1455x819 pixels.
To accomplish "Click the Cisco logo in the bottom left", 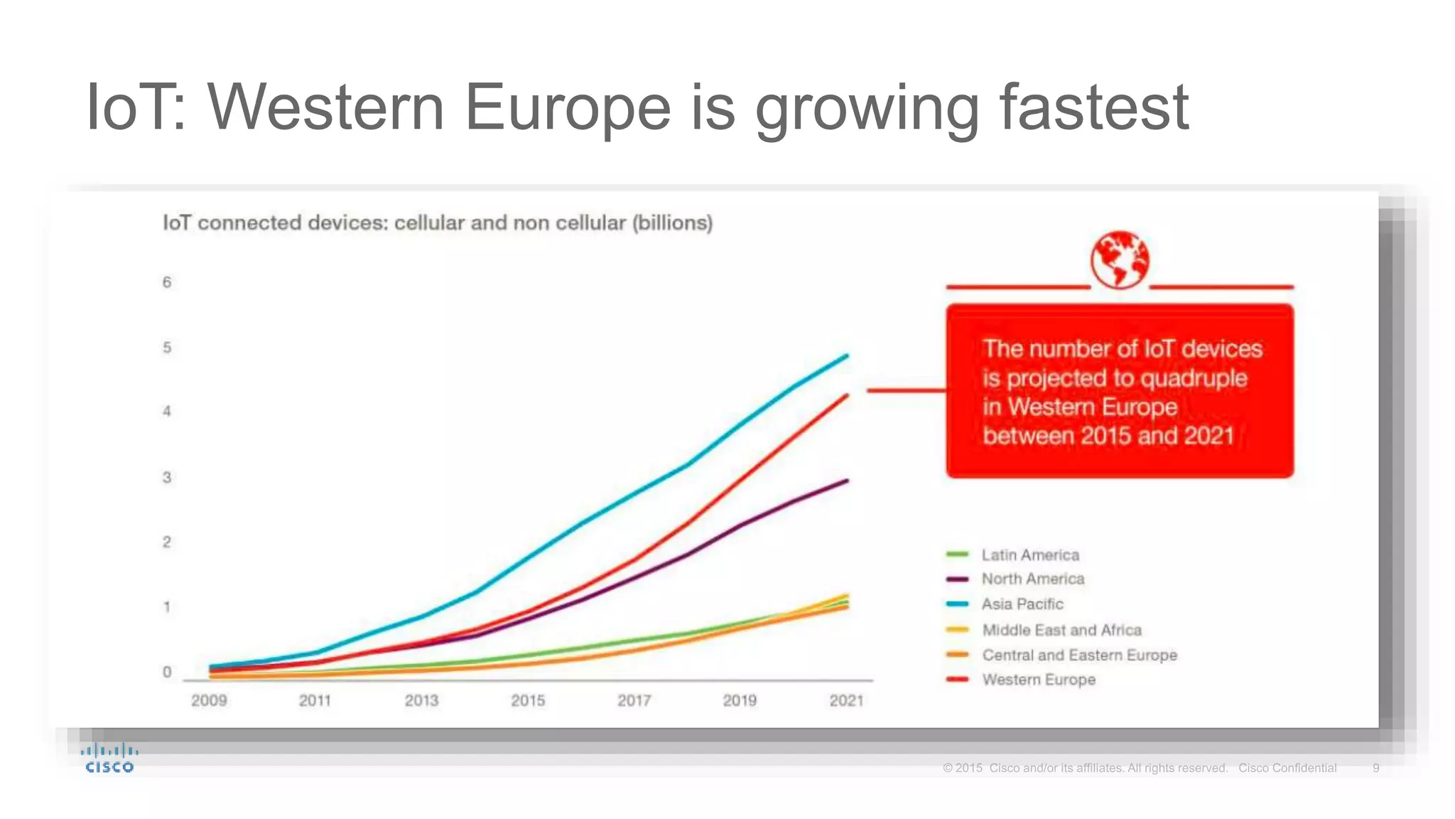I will [109, 759].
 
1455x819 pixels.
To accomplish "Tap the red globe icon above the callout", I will [1120, 259].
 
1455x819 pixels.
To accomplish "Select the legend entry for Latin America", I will [1029, 555].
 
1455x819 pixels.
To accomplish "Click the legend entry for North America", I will [1032, 579].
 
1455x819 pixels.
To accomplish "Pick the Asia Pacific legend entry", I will [1022, 604].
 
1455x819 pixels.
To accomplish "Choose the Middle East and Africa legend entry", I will [1061, 630].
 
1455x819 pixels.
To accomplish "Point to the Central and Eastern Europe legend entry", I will [1078, 655].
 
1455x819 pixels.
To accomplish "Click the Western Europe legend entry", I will [1038, 680].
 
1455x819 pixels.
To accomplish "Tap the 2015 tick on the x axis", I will [528, 700].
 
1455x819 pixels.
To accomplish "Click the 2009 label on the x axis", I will [209, 700].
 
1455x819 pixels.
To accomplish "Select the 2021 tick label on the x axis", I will [846, 700].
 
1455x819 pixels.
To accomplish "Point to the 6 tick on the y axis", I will [167, 282].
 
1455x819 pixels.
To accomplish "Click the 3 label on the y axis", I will [167, 477].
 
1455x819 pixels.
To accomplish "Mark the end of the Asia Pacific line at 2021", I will [846, 355].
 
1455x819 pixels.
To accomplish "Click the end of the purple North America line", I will [846, 481].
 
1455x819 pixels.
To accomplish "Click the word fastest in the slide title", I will [1094, 108].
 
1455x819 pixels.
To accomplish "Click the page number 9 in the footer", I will [1375, 768].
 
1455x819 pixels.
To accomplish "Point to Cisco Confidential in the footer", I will [1287, 768].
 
